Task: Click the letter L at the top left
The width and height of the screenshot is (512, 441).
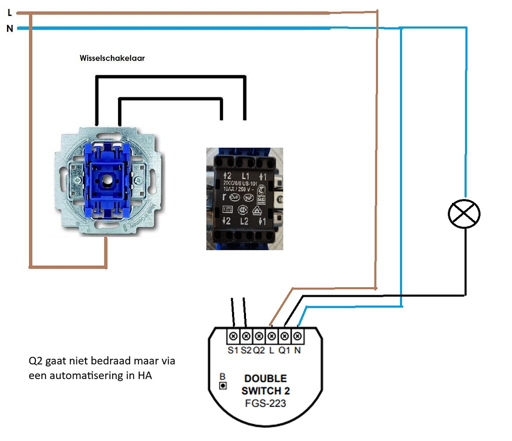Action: tap(9, 13)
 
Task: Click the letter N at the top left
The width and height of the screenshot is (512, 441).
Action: tap(9, 29)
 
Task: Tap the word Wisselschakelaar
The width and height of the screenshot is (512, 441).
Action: tap(112, 58)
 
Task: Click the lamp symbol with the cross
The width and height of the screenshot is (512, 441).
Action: tap(463, 214)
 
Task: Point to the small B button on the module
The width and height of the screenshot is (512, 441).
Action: tap(223, 386)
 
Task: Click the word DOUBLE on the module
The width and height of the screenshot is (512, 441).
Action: tap(265, 379)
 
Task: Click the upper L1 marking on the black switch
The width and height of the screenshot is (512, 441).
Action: tap(245, 176)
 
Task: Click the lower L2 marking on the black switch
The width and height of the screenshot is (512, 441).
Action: tap(244, 221)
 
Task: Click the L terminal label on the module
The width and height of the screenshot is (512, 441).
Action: tap(271, 350)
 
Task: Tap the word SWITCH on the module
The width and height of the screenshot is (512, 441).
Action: tap(265, 391)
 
